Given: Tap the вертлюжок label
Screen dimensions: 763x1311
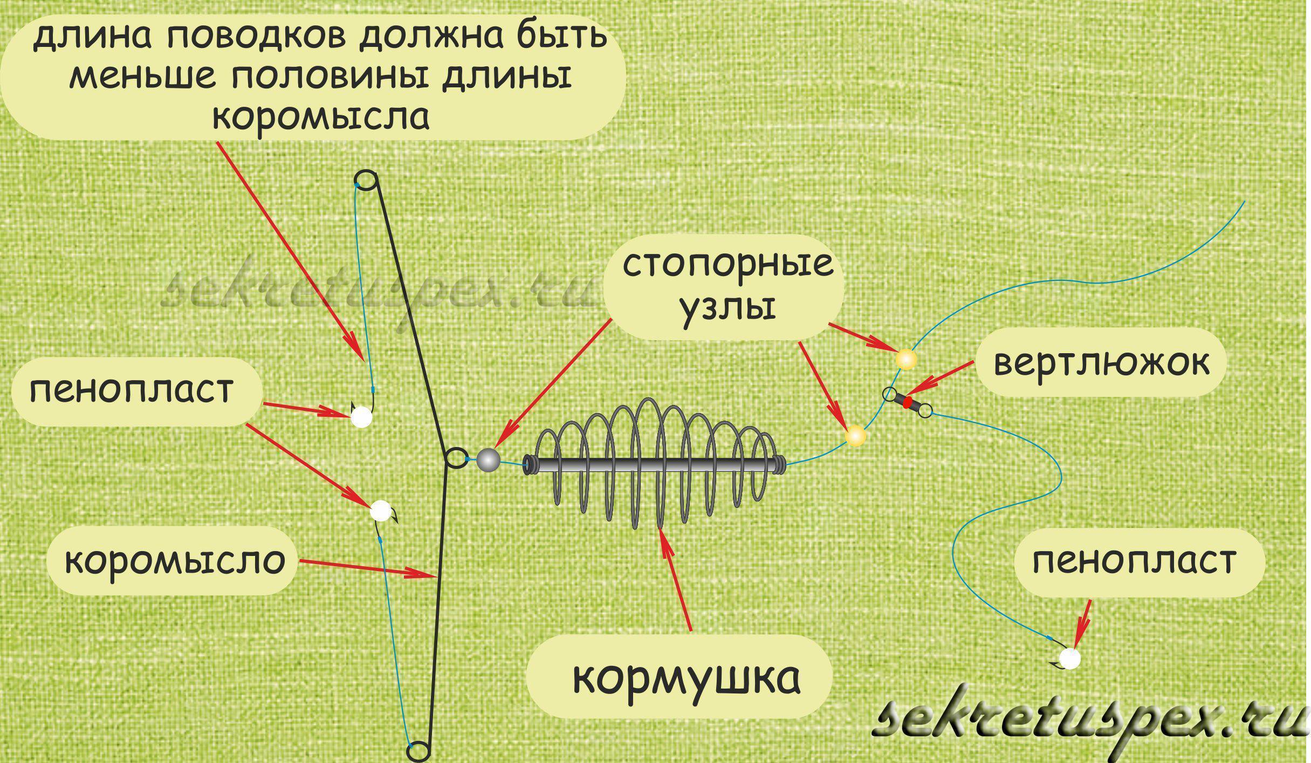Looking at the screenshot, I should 1101,363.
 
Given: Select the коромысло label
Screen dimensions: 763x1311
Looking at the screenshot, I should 175,561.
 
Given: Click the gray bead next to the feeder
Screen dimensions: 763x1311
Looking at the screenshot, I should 489,460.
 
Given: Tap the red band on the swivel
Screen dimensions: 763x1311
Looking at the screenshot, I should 908,402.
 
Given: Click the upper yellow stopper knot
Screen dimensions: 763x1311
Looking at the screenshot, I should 905,359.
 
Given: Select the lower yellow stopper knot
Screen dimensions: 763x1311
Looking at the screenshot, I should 855,436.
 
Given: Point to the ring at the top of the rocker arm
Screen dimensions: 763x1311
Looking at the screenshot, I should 366,180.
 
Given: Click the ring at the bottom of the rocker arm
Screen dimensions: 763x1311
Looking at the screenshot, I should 419,751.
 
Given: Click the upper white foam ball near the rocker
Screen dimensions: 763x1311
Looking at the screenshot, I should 361,417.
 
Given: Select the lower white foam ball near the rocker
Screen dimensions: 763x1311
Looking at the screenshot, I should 380,510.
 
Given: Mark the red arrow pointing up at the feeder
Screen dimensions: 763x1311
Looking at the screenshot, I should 677,582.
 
